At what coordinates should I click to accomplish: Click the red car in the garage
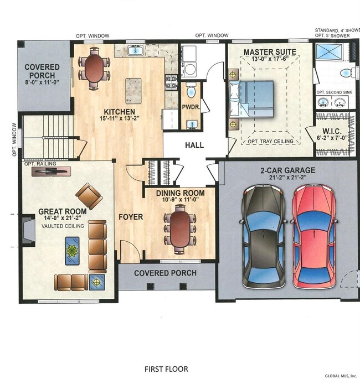[x=314, y=236]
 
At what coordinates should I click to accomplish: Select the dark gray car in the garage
[x=264, y=236]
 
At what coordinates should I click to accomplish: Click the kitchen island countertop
[x=133, y=91]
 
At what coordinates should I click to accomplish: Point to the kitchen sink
[x=136, y=50]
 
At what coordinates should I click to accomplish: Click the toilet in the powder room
[x=191, y=90]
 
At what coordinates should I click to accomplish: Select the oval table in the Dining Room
[x=179, y=229]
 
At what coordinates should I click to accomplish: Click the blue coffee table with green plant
[x=72, y=251]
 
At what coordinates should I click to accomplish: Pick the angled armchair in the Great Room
[x=89, y=196]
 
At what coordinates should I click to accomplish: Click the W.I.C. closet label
[x=332, y=132]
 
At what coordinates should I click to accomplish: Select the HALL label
[x=194, y=145]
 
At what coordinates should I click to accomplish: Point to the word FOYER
[x=131, y=217]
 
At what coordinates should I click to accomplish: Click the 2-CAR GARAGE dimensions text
[x=287, y=178]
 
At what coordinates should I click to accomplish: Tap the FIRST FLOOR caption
[x=166, y=369]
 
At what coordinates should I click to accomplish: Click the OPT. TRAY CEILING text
[x=270, y=141]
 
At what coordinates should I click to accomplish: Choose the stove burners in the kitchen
[x=171, y=82]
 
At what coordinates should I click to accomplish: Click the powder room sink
[x=192, y=124]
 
